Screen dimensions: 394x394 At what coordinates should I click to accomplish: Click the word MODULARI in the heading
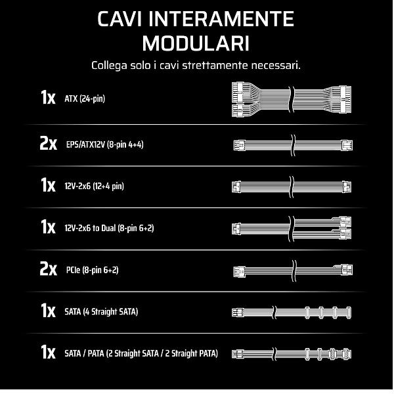196,43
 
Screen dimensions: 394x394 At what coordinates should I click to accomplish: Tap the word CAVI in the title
120,19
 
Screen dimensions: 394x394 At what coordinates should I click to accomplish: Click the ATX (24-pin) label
85,98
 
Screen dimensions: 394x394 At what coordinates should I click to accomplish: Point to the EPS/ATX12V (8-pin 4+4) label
105,144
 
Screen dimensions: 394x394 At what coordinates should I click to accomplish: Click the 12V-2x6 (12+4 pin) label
94,186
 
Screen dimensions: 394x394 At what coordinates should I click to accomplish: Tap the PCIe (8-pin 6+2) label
92,270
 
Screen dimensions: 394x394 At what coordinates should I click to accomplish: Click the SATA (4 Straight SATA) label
101,312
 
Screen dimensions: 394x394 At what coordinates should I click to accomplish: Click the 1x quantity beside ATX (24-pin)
48,97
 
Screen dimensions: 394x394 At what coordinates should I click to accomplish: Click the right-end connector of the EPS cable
347,145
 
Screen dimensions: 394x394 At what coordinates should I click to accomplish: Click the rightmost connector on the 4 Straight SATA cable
348,313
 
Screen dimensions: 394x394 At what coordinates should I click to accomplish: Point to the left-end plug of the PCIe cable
239,271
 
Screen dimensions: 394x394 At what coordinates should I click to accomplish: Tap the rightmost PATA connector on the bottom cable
346,354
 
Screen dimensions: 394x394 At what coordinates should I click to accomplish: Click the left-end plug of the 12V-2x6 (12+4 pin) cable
236,187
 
